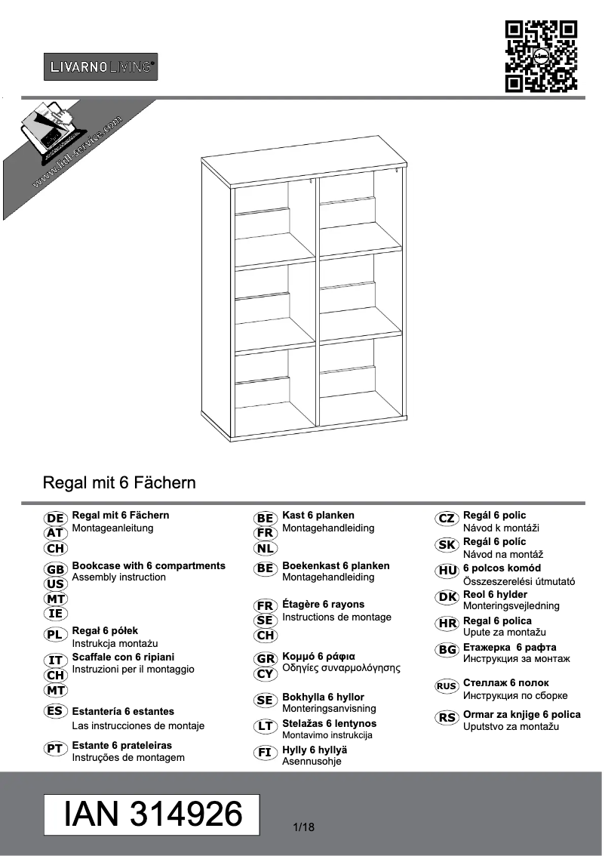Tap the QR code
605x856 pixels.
541,57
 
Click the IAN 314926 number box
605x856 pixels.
153,814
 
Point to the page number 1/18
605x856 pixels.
303,827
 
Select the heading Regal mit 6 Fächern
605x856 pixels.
120,482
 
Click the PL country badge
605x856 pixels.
55,636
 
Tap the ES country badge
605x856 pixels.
54,711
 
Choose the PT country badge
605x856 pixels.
55,748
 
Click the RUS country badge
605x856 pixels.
447,686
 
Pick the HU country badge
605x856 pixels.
447,571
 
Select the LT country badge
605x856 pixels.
265,726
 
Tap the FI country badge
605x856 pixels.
265,752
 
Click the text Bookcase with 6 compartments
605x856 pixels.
149,565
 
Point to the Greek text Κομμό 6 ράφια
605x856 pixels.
318,655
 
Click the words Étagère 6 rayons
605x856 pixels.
323,604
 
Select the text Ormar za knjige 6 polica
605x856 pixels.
521,714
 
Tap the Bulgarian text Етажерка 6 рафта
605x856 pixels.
509,647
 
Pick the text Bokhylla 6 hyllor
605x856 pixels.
323,697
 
